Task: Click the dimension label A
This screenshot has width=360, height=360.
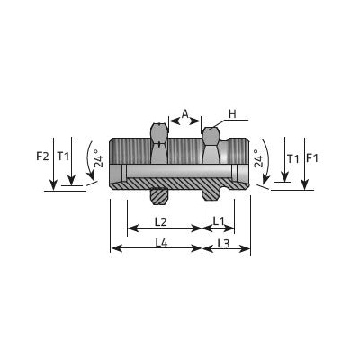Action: pyautogui.click(x=185, y=113)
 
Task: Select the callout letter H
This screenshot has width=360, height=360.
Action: pyautogui.click(x=232, y=114)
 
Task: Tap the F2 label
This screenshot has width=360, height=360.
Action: pyautogui.click(x=42, y=157)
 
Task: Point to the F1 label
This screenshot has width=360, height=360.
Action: pyautogui.click(x=312, y=157)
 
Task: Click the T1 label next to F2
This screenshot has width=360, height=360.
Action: pyautogui.click(x=63, y=157)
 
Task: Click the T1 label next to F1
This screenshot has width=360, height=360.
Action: pyautogui.click(x=293, y=158)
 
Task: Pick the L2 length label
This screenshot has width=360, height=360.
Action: pyautogui.click(x=161, y=222)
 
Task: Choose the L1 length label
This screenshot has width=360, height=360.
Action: pyautogui.click(x=219, y=221)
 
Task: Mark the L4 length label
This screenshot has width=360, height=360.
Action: pyautogui.click(x=161, y=243)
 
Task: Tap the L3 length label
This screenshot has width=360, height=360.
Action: pyautogui.click(x=223, y=244)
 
